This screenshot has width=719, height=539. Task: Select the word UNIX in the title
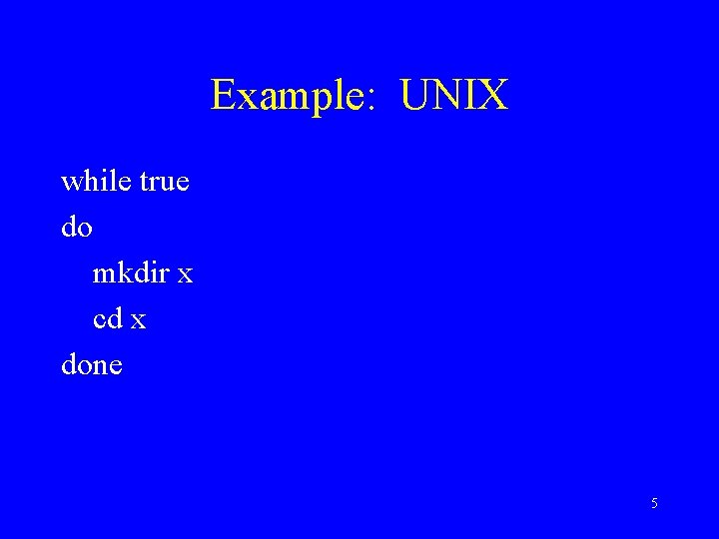pyautogui.click(x=454, y=96)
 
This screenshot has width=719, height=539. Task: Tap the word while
pyautogui.click(x=97, y=182)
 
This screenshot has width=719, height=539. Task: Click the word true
pyautogui.click(x=165, y=183)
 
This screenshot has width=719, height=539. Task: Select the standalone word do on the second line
pyautogui.click(x=77, y=228)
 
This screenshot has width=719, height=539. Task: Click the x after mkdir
pyautogui.click(x=185, y=276)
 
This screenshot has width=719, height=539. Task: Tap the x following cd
pyautogui.click(x=138, y=322)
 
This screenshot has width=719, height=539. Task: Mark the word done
pyautogui.click(x=92, y=365)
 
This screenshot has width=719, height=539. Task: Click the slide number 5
pyautogui.click(x=654, y=503)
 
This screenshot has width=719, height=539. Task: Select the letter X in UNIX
pyautogui.click(x=494, y=96)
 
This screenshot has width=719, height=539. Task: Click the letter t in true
pyautogui.click(x=144, y=184)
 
